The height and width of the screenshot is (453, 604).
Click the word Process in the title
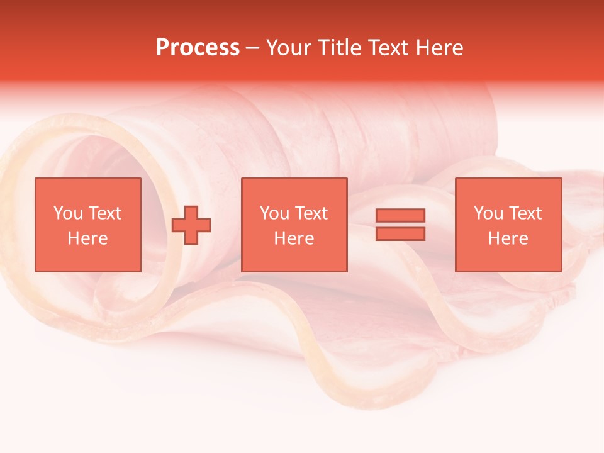point(198,48)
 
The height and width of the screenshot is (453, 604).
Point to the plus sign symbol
point(191,225)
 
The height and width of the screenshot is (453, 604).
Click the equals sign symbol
point(400,225)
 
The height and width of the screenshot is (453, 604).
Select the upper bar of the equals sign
point(400,216)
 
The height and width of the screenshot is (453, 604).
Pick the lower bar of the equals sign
point(400,233)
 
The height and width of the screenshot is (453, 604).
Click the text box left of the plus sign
point(87,225)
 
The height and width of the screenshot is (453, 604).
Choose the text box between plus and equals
point(294,225)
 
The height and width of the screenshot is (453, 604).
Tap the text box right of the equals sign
point(508,225)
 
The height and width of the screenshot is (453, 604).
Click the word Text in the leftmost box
point(104,213)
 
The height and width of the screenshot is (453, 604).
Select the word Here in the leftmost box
point(87,238)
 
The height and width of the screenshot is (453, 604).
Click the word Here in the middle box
point(294,238)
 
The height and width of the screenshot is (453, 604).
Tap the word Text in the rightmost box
point(525,213)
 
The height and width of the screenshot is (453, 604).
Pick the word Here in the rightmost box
point(508,238)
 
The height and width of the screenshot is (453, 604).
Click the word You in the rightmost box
point(488,213)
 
